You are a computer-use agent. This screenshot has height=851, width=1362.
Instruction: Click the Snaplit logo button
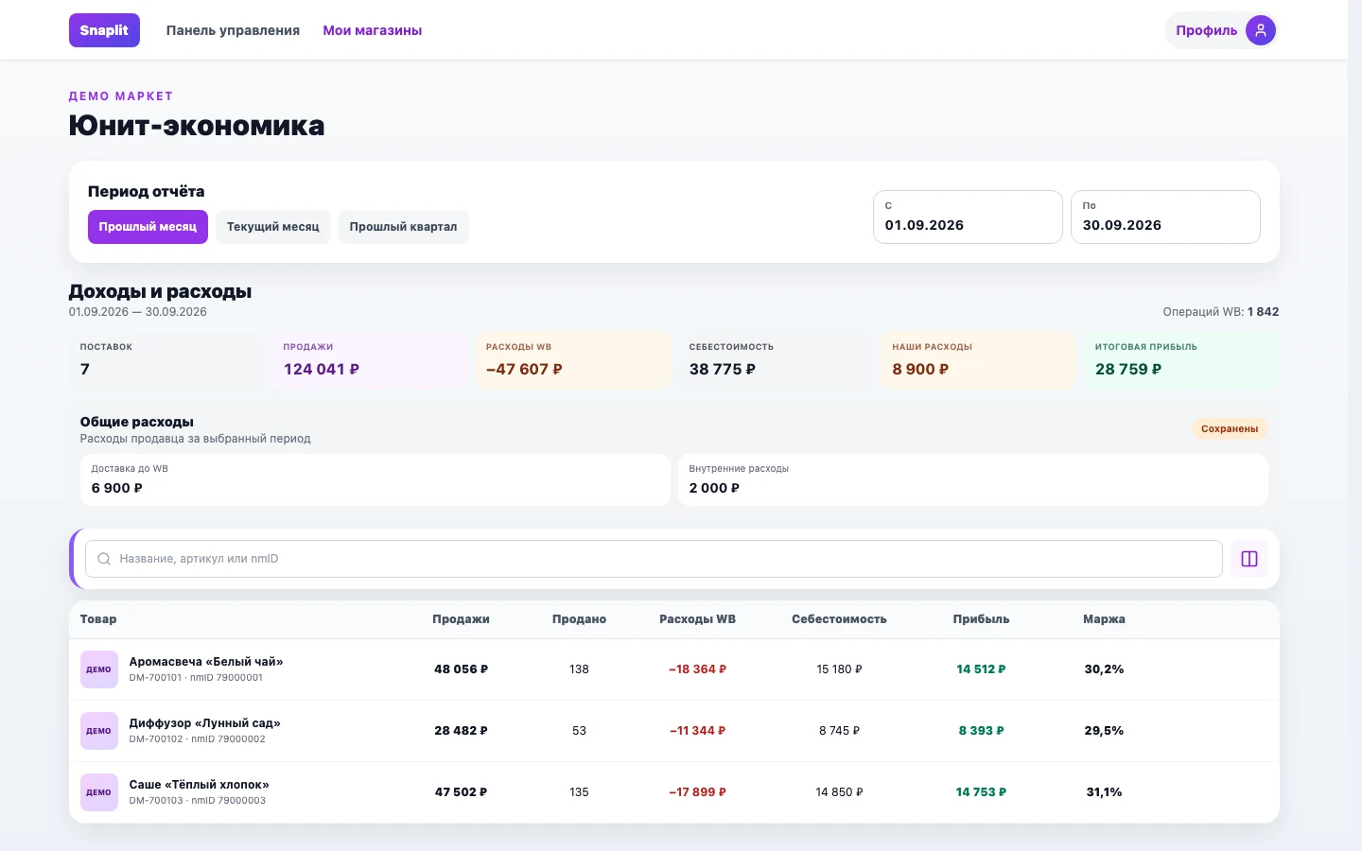pyautogui.click(x=104, y=30)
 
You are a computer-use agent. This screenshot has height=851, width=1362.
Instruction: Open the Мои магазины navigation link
pyautogui.click(x=372, y=30)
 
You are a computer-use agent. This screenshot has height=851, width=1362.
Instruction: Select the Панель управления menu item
pyautogui.click(x=233, y=30)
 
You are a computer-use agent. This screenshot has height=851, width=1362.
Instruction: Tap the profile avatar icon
pyautogui.click(x=1261, y=30)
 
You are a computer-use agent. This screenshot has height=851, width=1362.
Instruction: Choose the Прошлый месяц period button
pyautogui.click(x=148, y=227)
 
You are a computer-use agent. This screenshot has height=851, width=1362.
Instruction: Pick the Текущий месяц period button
pyautogui.click(x=273, y=227)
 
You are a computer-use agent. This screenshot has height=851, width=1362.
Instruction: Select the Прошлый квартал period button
pyautogui.click(x=403, y=227)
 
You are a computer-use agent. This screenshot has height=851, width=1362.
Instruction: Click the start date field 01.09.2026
pyautogui.click(x=968, y=217)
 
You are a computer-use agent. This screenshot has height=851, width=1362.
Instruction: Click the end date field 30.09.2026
pyautogui.click(x=1165, y=217)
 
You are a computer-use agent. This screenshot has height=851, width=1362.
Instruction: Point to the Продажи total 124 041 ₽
pyautogui.click(x=321, y=369)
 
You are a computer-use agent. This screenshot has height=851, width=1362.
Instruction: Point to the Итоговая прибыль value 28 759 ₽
pyautogui.click(x=1127, y=369)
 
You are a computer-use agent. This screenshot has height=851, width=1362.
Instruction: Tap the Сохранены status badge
pyautogui.click(x=1230, y=428)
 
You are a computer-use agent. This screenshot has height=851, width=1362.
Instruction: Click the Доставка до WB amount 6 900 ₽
pyautogui.click(x=116, y=488)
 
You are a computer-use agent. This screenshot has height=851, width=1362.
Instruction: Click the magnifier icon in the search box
pyautogui.click(x=104, y=559)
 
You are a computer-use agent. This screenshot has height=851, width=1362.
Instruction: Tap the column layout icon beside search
pyautogui.click(x=1249, y=559)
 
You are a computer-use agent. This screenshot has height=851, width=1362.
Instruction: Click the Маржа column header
pyautogui.click(x=1104, y=618)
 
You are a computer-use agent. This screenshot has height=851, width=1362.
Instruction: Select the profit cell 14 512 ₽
pyautogui.click(x=981, y=669)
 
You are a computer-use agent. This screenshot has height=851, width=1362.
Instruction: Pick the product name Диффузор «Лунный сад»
pyautogui.click(x=204, y=722)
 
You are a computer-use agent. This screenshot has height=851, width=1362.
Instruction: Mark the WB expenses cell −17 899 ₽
pyautogui.click(x=697, y=792)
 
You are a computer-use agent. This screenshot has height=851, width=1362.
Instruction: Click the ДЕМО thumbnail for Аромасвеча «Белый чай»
pyautogui.click(x=99, y=669)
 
